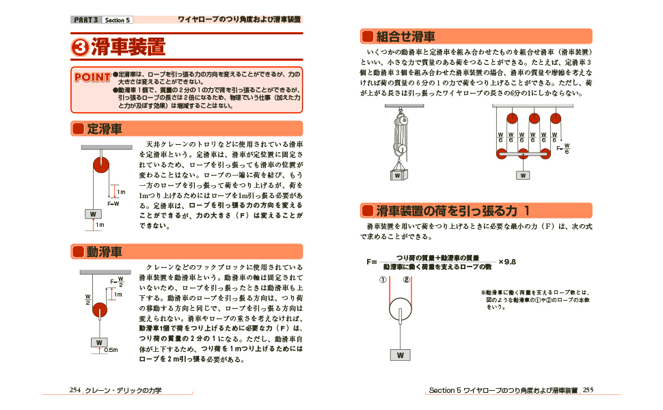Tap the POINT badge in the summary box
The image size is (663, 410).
pyautogui.click(x=92, y=77)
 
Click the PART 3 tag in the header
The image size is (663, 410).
pyautogui.click(x=86, y=20)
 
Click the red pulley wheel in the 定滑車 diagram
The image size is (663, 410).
pyautogui.click(x=100, y=164)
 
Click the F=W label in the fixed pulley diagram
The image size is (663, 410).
pyautogui.click(x=113, y=204)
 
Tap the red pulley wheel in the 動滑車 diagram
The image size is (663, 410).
pyautogui.click(x=100, y=311)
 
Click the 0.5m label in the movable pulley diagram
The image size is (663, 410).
pyautogui.click(x=111, y=350)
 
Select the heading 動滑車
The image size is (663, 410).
pyautogui.click(x=104, y=252)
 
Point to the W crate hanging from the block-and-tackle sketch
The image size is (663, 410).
pyautogui.click(x=397, y=175)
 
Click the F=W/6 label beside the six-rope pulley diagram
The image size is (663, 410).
pyautogui.click(x=563, y=148)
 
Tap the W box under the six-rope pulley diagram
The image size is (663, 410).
pyautogui.click(x=524, y=175)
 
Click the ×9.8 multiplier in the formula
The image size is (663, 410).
pyautogui.click(x=506, y=262)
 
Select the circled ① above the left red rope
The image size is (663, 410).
pyautogui.click(x=384, y=279)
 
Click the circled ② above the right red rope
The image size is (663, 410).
pyautogui.click(x=406, y=279)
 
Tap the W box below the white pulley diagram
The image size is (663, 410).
pyautogui.click(x=400, y=355)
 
